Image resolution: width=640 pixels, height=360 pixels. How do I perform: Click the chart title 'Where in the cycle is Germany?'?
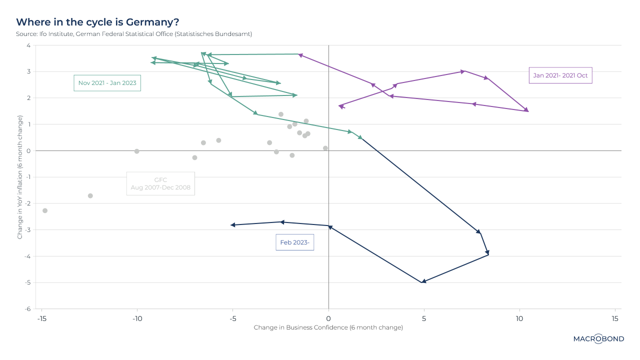tap(97, 22)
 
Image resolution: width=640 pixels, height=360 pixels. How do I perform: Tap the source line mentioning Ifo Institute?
tap(134, 34)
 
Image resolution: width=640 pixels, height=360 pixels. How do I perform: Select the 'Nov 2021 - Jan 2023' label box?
tap(107, 82)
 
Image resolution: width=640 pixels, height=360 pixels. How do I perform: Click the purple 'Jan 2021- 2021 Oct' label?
tap(560, 75)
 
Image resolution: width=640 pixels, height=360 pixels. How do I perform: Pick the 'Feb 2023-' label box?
tap(294, 242)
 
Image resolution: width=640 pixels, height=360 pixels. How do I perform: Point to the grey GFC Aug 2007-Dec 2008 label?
tap(160, 183)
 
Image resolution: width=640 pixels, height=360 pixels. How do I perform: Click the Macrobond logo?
tap(598, 339)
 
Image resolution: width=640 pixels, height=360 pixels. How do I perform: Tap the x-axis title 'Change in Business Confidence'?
tap(328, 327)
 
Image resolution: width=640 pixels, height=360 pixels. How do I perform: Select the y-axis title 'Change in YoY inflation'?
tap(20, 177)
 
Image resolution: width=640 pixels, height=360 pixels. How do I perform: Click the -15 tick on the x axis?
tap(41, 318)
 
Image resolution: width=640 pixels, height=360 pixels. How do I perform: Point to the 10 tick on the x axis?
tap(519, 318)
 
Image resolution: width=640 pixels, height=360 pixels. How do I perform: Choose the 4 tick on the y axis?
tap(28, 45)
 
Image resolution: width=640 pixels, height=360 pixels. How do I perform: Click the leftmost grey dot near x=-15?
tap(45, 210)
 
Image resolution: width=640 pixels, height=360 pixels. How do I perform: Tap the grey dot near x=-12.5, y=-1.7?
tap(90, 195)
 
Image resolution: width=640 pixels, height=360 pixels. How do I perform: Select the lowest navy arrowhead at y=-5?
tap(423, 281)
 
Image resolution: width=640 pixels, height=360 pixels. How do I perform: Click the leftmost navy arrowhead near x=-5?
tap(233, 225)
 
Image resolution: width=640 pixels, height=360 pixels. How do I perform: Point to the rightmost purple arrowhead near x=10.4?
tap(526, 110)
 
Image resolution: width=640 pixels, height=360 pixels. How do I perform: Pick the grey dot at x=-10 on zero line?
tap(137, 151)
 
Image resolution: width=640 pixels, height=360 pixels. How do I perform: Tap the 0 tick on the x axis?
tap(328, 318)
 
